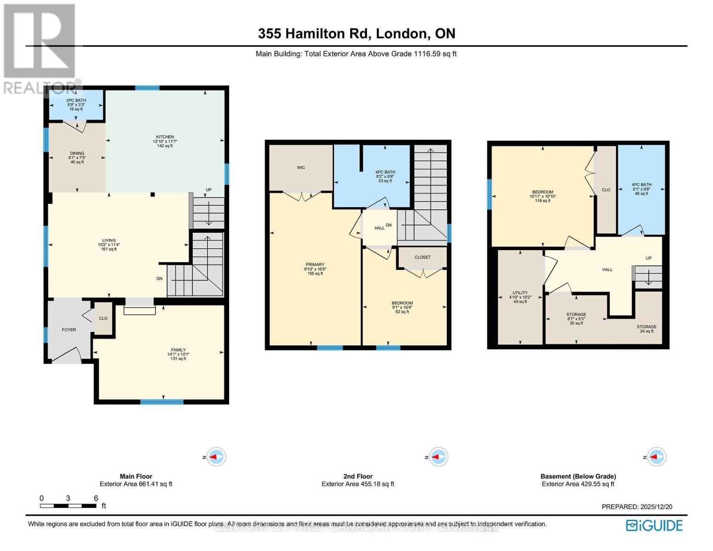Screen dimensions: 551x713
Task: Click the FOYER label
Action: (69, 330)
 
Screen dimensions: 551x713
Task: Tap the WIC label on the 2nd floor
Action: (301, 168)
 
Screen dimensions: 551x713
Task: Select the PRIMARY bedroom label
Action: (315, 269)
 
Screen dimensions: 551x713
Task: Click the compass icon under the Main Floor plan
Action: (215, 457)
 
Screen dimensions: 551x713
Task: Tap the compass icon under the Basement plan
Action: (656, 457)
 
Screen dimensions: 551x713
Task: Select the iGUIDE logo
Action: (654, 525)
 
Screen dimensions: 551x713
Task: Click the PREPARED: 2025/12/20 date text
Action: (637, 506)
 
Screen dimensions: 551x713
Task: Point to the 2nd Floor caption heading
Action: (358, 476)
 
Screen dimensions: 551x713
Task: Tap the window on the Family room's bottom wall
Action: (162, 402)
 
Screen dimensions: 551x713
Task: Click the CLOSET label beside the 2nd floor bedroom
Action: (422, 257)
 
